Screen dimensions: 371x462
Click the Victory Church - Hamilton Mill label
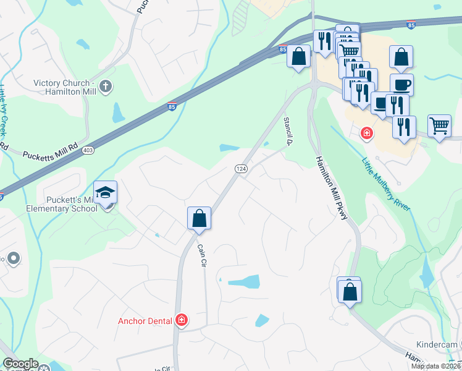(x=64, y=87)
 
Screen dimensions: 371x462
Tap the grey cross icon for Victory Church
(x=106, y=87)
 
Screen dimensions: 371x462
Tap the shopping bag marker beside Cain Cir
(x=199, y=219)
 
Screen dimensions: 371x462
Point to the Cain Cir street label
(x=201, y=255)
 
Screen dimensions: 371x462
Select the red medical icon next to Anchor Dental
(x=182, y=320)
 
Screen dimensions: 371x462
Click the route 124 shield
(x=241, y=169)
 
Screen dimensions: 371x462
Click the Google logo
(x=20, y=364)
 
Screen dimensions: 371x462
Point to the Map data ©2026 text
(x=435, y=366)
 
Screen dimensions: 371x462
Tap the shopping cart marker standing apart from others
(x=439, y=126)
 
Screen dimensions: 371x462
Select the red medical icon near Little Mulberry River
(x=366, y=133)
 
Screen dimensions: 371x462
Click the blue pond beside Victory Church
(x=118, y=112)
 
